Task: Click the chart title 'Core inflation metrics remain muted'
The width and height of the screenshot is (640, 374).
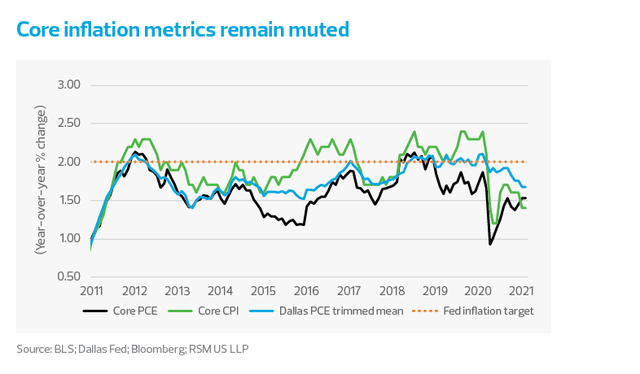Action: [182, 30]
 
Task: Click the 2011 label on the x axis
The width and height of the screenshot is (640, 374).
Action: [91, 291]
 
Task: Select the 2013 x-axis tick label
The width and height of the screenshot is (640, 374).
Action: [177, 291]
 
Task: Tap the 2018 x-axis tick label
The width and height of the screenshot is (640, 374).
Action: [392, 291]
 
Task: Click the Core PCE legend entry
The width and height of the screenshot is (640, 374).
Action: [131, 311]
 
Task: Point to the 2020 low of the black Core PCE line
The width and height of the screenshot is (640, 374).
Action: [490, 244]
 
